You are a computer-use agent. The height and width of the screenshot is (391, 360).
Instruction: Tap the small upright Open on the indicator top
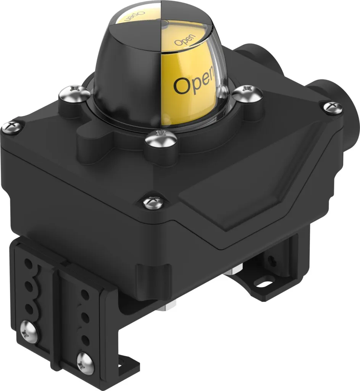point(185,40)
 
